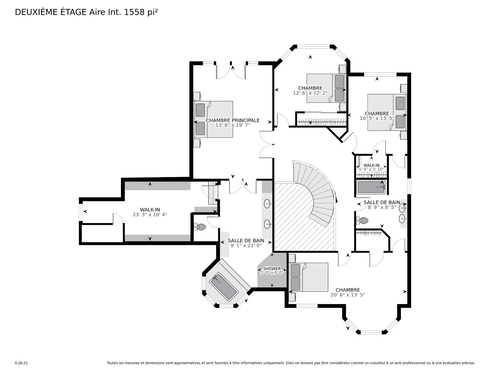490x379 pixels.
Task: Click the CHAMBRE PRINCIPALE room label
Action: tap(232, 120)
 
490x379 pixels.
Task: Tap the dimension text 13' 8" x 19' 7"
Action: tap(232, 125)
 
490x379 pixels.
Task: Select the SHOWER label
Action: tap(272, 269)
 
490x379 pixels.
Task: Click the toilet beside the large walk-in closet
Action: tap(200, 227)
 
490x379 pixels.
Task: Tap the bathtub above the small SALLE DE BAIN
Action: tap(371, 187)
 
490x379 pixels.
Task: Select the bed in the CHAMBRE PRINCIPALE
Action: tap(214, 119)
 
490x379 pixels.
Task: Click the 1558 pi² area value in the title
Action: tap(141, 12)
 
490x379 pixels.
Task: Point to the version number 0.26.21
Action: tap(21, 363)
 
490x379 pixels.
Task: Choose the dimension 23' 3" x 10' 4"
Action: tap(150, 215)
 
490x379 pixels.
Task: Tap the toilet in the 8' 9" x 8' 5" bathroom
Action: tap(362, 220)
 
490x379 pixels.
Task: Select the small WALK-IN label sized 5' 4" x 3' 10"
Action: tap(371, 165)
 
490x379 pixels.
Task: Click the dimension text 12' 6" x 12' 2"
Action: tap(310, 93)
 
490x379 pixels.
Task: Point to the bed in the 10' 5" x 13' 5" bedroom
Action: tap(387, 112)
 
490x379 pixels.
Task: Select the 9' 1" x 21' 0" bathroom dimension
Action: tap(246, 245)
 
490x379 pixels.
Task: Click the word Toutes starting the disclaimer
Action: tap(113, 363)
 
